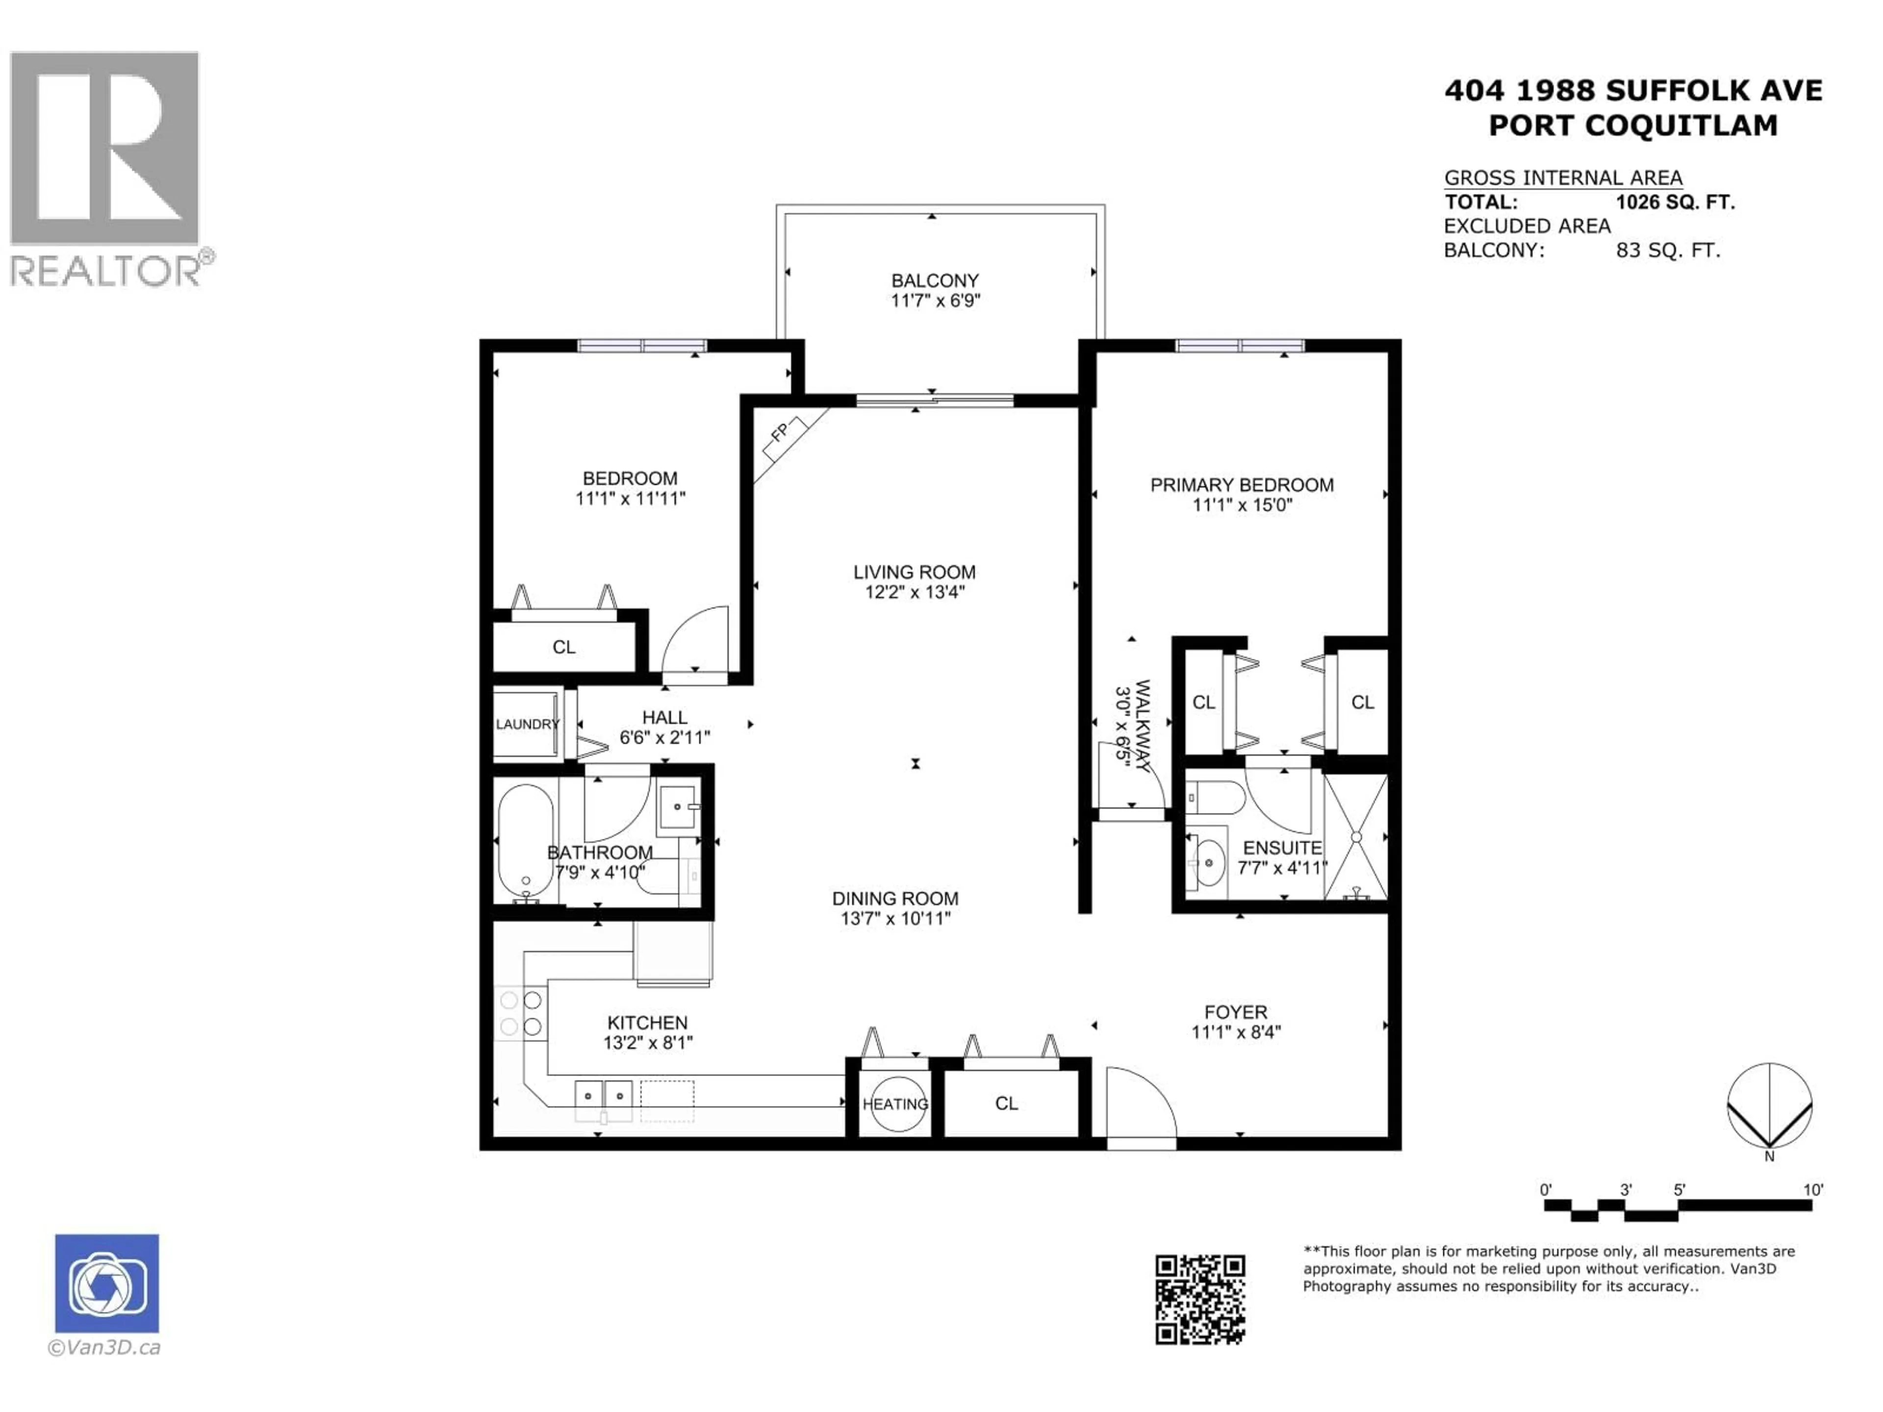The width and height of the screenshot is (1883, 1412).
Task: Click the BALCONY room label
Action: pyautogui.click(x=935, y=280)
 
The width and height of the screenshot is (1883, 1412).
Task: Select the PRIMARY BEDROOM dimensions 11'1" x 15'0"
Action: pyautogui.click(x=1242, y=504)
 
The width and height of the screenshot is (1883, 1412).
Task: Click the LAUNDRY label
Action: pyautogui.click(x=527, y=724)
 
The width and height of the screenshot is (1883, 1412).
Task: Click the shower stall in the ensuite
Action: pyautogui.click(x=1356, y=836)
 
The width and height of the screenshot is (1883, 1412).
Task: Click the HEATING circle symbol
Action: pyautogui.click(x=895, y=1105)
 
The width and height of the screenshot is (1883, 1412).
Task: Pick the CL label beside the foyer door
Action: pyautogui.click(x=1006, y=1104)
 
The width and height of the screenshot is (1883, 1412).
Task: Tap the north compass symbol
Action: pyautogui.click(x=1769, y=1107)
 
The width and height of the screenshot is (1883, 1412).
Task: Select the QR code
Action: pyautogui.click(x=1199, y=1299)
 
